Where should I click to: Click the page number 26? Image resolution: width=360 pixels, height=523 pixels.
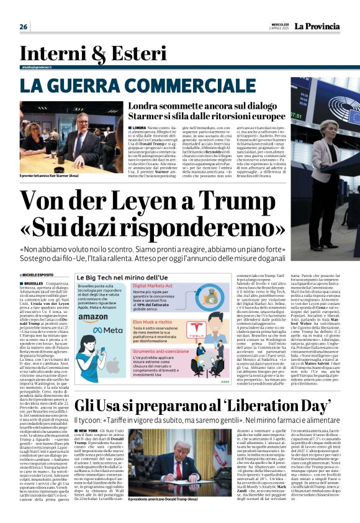24,27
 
